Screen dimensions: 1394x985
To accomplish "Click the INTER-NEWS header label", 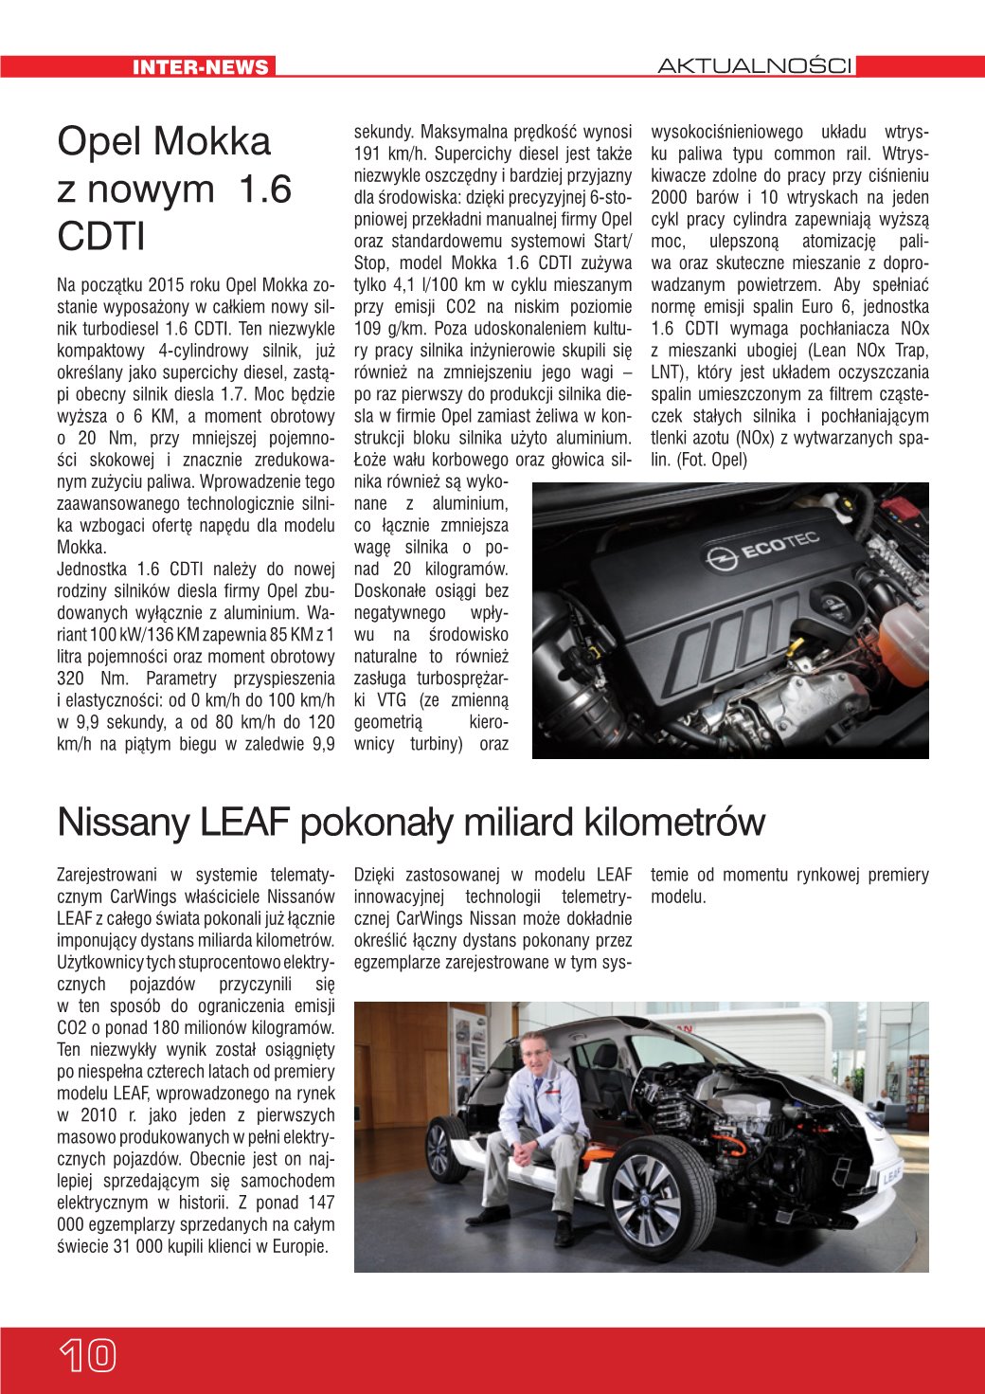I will click(x=201, y=66).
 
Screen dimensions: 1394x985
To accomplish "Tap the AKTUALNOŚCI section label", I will click(x=755, y=66).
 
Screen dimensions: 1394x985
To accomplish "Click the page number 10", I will click(x=87, y=1356).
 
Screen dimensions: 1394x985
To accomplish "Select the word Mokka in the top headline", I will click(x=215, y=142).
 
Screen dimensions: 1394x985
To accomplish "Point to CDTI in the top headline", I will click(x=101, y=237).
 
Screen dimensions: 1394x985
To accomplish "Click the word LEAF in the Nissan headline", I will click(x=243, y=822).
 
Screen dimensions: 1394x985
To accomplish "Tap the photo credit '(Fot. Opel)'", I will click(x=711, y=461).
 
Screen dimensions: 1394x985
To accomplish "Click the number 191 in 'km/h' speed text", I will click(x=367, y=154).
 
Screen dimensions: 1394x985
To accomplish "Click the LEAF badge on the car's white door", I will click(x=892, y=1177).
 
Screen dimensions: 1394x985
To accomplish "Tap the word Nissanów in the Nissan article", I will click(x=303, y=896).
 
